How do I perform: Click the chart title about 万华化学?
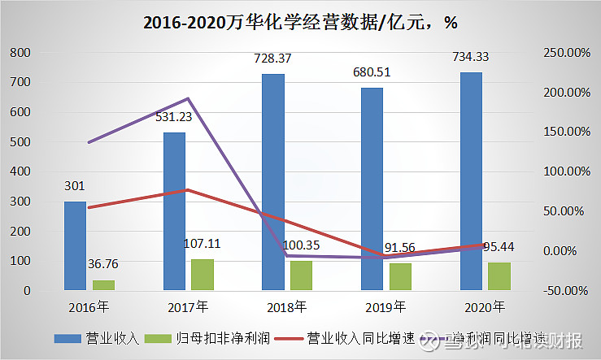(300, 22)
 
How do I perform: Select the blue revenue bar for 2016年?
(75, 245)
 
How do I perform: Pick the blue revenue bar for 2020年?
(471, 181)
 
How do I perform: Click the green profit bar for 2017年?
(203, 274)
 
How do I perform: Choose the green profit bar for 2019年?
(400, 276)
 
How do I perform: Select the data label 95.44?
(497, 246)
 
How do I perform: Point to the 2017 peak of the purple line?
(188, 99)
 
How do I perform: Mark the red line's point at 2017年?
(188, 190)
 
